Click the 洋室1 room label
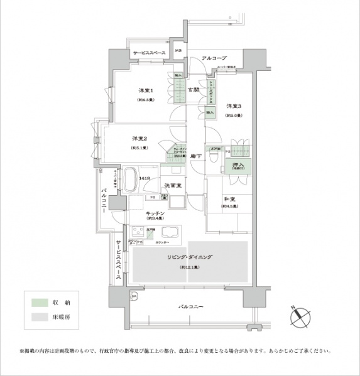147,91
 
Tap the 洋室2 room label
139,138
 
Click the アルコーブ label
210,58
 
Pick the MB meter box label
178,51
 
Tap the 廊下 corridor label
195,156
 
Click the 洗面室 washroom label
173,185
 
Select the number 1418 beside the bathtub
145,179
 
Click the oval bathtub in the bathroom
132,180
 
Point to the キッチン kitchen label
155,214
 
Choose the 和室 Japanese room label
229,201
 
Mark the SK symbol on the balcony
133,296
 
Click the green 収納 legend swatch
40,303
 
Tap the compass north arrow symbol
300,316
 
